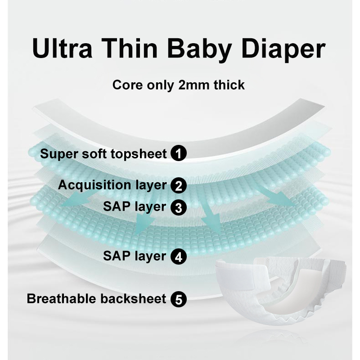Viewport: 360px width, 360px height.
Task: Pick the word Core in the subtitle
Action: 128,85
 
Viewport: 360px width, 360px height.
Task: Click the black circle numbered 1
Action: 179,154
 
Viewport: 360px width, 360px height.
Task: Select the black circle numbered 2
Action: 179,185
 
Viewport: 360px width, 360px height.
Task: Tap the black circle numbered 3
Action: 179,207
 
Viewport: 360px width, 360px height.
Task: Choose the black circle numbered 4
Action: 179,257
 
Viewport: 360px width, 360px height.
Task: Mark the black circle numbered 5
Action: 179,299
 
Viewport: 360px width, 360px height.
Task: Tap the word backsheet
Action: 135,299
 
